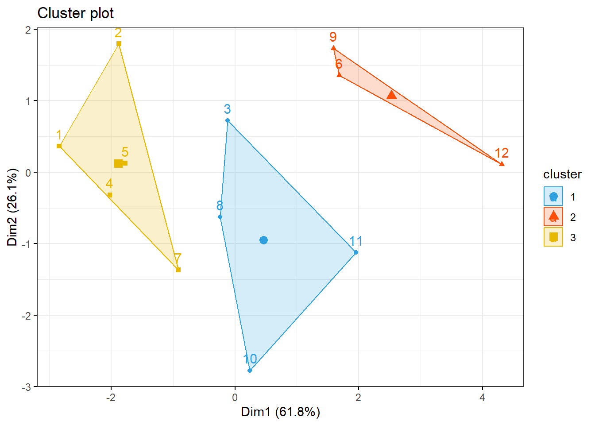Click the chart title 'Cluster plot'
pyautogui.click(x=75, y=13)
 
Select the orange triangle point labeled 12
pyautogui.click(x=502, y=164)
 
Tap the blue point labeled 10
pyautogui.click(x=250, y=371)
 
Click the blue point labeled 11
pyautogui.click(x=356, y=252)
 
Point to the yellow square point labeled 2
pyautogui.click(x=119, y=43)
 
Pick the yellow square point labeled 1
pyautogui.click(x=59, y=146)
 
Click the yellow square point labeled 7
pyautogui.click(x=178, y=270)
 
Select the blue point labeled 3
pyautogui.click(x=228, y=120)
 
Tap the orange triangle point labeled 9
pyautogui.click(x=333, y=48)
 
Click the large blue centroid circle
pyautogui.click(x=263, y=240)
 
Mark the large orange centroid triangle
pyautogui.click(x=391, y=95)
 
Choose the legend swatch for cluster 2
pyautogui.click(x=553, y=217)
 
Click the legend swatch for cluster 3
pyautogui.click(x=553, y=237)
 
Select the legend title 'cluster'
pyautogui.click(x=562, y=174)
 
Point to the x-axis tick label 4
pyautogui.click(x=482, y=398)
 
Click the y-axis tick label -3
pyautogui.click(x=27, y=387)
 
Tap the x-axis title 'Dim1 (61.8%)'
pyautogui.click(x=280, y=412)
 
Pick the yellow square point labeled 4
pyautogui.click(x=110, y=195)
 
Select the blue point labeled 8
pyautogui.click(x=220, y=217)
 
